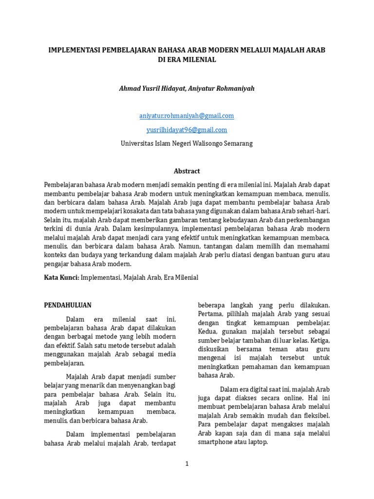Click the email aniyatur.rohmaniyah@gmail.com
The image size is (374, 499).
tap(187, 115)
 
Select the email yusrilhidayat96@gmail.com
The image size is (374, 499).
tap(187, 130)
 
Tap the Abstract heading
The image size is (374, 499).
tap(187, 171)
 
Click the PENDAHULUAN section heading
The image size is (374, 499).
tap(68, 305)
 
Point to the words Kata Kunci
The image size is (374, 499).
tap(61, 277)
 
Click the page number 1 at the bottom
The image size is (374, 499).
tap(187, 464)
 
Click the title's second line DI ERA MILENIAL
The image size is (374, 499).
tap(187, 59)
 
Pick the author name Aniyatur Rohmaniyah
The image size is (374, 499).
tap(224, 89)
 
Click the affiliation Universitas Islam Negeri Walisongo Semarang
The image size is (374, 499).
tap(187, 143)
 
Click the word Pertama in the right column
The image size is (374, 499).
tap(210, 314)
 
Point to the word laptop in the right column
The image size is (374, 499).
tap(257, 442)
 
